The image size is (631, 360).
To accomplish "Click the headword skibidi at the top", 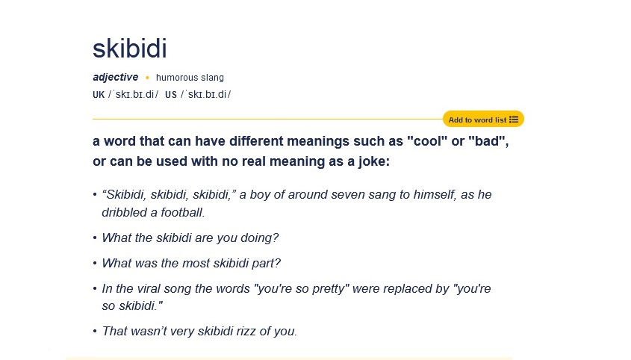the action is click(130, 49).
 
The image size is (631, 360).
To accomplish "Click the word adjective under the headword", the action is click(116, 78).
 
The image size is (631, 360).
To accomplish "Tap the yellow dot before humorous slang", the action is click(147, 78).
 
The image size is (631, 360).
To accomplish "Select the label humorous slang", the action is click(190, 78).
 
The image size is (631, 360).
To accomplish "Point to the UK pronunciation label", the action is click(99, 95).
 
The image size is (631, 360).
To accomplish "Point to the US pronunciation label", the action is click(171, 95).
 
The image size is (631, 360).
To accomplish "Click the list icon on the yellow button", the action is click(514, 120).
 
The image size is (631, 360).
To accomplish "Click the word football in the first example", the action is click(183, 212).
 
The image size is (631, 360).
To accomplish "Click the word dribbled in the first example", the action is click(124, 212).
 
